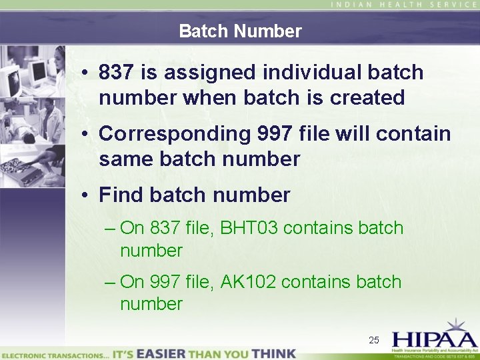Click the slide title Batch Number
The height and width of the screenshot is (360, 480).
click(240, 31)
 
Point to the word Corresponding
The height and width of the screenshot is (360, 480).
click(175, 134)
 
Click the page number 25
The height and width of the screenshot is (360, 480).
click(374, 341)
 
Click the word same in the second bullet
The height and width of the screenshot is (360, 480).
click(122, 159)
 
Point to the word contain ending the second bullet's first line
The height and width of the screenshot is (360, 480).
click(413, 134)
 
